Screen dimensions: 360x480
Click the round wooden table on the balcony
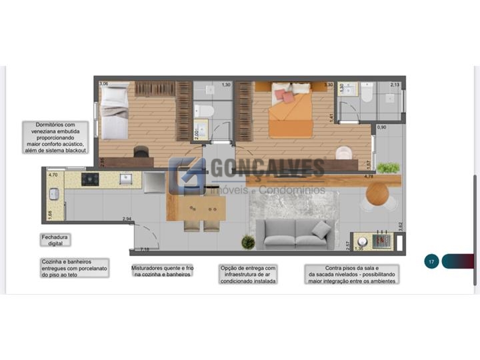pos(377,193)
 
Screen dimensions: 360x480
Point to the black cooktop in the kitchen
pos(90,179)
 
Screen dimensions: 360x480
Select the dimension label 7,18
pos(144,249)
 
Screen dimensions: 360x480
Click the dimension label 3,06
pos(103,84)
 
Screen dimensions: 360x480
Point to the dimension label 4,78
pos(368,177)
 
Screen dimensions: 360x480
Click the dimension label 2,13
pos(394,85)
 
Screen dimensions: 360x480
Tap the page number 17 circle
pos(431,262)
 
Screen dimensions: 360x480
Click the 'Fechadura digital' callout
pos(55,240)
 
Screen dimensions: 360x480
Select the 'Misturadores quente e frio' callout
pos(162,270)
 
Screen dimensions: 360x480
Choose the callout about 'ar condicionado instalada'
pos(248,274)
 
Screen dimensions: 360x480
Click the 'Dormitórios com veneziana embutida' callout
pos(57,138)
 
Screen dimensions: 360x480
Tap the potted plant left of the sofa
pos(248,241)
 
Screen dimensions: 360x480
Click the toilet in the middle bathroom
pos(206,110)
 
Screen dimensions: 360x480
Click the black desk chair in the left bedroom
pos(141,153)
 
